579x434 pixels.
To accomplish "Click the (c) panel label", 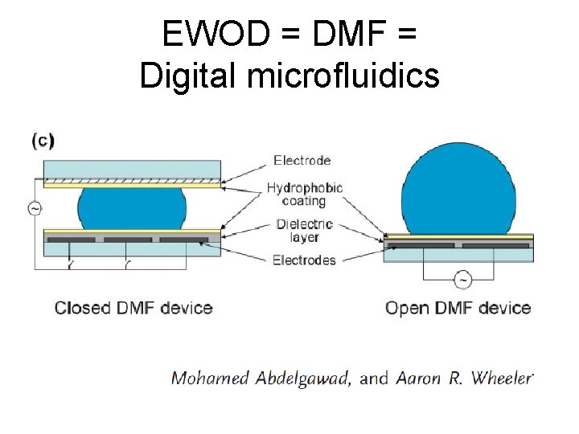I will (x=43, y=141).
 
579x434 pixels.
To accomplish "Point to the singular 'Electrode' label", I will (x=302, y=160).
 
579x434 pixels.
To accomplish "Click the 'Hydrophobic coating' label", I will (x=305, y=194).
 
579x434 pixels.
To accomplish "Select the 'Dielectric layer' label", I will (x=304, y=231).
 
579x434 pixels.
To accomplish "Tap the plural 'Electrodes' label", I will (x=304, y=260).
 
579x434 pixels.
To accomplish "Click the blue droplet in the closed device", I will (x=133, y=207).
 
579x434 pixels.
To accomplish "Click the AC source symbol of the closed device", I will (x=35, y=208).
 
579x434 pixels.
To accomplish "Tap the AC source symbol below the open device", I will (x=463, y=280).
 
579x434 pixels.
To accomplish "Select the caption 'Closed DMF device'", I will (x=133, y=308).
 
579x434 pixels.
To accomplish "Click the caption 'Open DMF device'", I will (x=458, y=308).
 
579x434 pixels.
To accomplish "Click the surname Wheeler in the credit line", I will (x=499, y=378).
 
